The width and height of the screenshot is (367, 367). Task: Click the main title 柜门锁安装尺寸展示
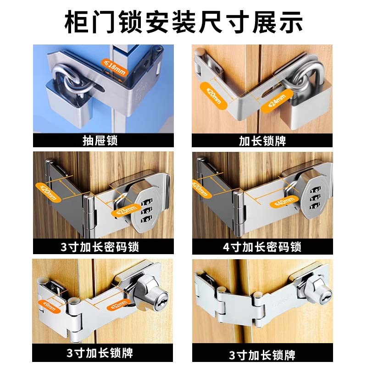click(x=183, y=21)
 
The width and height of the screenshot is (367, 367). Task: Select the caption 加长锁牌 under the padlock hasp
click(x=262, y=140)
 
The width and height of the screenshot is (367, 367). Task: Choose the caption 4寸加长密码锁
click(x=262, y=247)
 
